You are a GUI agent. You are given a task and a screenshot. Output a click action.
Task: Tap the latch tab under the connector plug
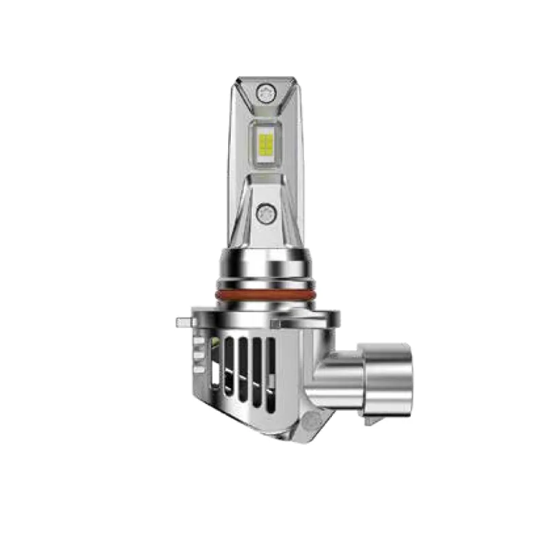click(372, 420)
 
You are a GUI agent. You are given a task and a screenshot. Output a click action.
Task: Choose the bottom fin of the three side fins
click(199, 367)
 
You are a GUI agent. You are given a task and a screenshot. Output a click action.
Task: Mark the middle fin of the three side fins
click(198, 354)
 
